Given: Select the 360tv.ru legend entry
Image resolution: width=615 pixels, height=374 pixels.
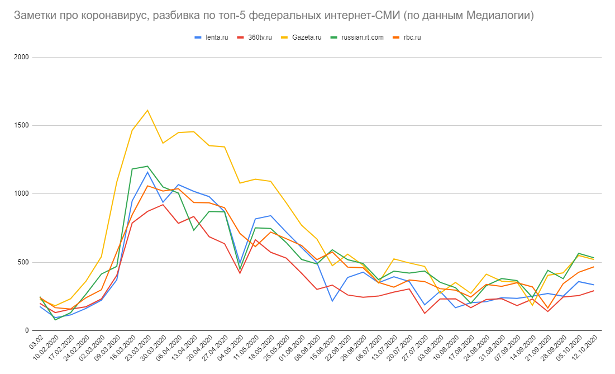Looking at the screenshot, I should (260, 37).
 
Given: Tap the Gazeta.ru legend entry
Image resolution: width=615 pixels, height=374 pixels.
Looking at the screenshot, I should (306, 37).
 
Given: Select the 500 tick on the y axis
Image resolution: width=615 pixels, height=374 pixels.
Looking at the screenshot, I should (24, 262).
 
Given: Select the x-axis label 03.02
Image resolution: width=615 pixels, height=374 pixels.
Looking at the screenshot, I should (36, 342).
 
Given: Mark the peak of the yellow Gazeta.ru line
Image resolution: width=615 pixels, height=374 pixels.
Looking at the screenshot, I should (147, 110).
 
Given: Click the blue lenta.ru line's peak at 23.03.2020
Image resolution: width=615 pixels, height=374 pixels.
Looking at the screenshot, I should (147, 172).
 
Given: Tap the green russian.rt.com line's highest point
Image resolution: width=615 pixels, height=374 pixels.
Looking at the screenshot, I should (147, 166).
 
